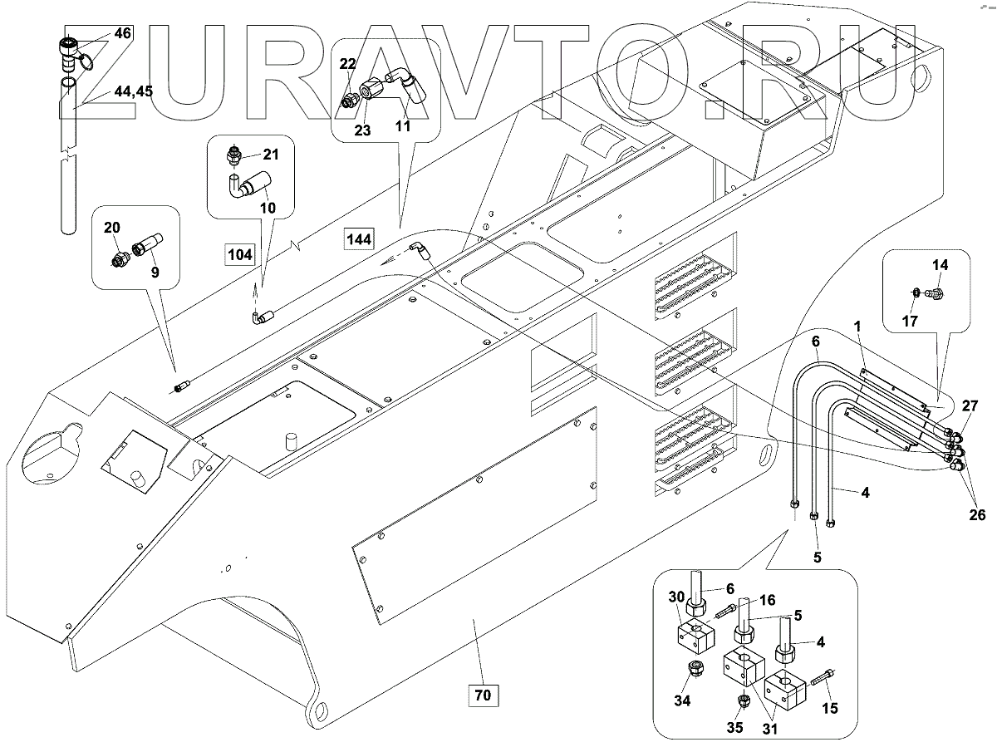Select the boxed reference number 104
(x=240, y=255)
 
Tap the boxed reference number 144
(x=360, y=239)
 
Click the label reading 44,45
(x=133, y=92)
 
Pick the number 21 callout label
(x=272, y=155)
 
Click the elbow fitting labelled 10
(x=248, y=184)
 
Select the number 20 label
(x=112, y=227)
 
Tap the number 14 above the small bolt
(x=939, y=266)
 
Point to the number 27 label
(x=970, y=406)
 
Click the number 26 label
(x=977, y=515)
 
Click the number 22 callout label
(x=347, y=64)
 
